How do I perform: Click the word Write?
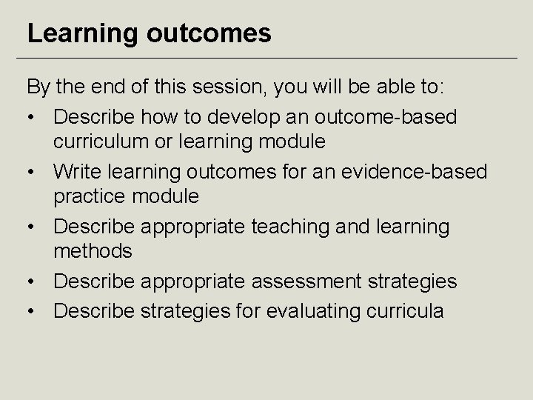81,172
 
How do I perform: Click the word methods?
93,250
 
